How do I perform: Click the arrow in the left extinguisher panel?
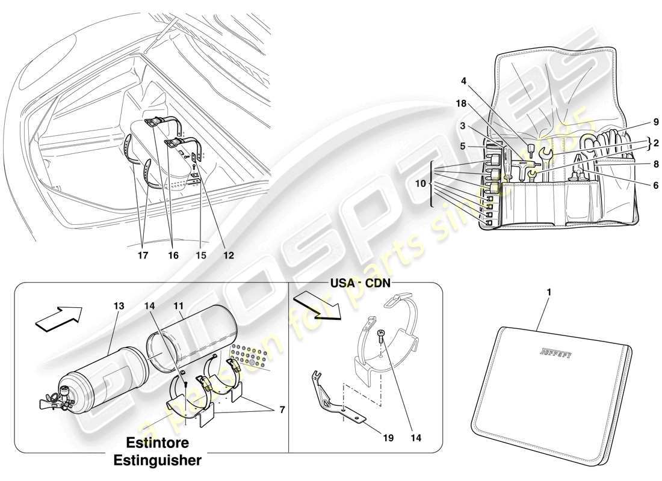(58, 317)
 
